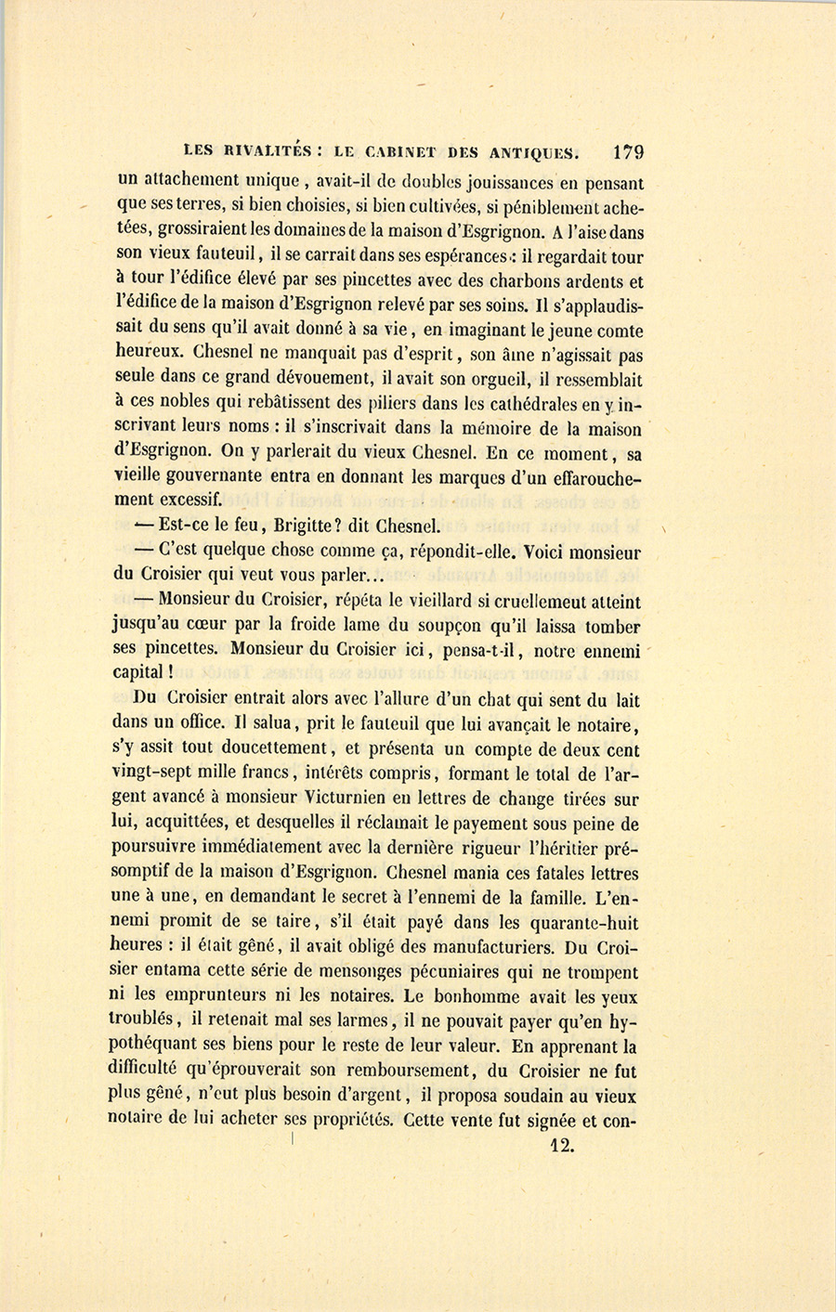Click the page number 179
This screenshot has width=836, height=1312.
click(628, 151)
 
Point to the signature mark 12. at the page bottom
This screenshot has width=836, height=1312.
click(561, 1145)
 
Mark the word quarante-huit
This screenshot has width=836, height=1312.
click(582, 924)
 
